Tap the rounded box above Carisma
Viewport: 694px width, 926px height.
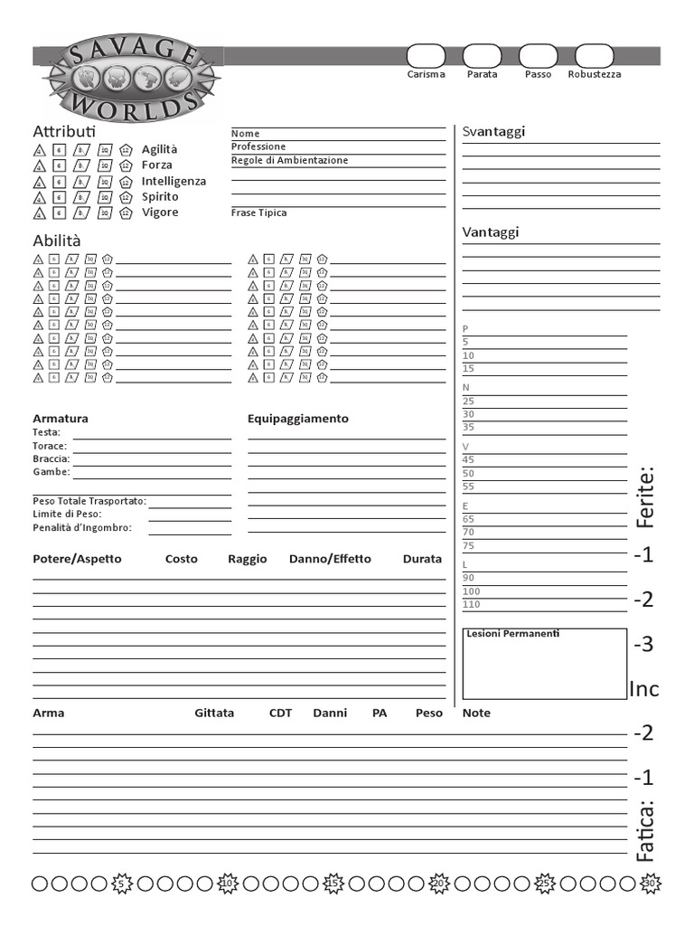(x=426, y=55)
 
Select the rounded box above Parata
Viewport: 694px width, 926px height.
(x=482, y=55)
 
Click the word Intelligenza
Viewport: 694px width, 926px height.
(x=173, y=181)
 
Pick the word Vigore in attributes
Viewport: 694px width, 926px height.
(x=160, y=213)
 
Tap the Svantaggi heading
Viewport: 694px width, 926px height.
(x=493, y=131)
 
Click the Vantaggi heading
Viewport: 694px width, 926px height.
(x=491, y=232)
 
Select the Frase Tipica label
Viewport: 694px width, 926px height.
(x=258, y=213)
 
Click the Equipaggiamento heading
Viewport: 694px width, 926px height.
(x=297, y=419)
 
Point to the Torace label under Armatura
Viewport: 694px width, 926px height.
(x=50, y=446)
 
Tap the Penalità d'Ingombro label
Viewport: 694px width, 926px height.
(x=82, y=528)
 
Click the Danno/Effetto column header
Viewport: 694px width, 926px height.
(x=330, y=559)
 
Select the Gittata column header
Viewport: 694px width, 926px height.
(x=214, y=713)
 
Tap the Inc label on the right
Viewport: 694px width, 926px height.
(x=643, y=690)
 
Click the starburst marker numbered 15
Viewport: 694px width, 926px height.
(x=333, y=883)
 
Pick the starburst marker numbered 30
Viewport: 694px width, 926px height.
(x=650, y=883)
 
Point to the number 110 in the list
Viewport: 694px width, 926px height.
(x=472, y=604)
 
